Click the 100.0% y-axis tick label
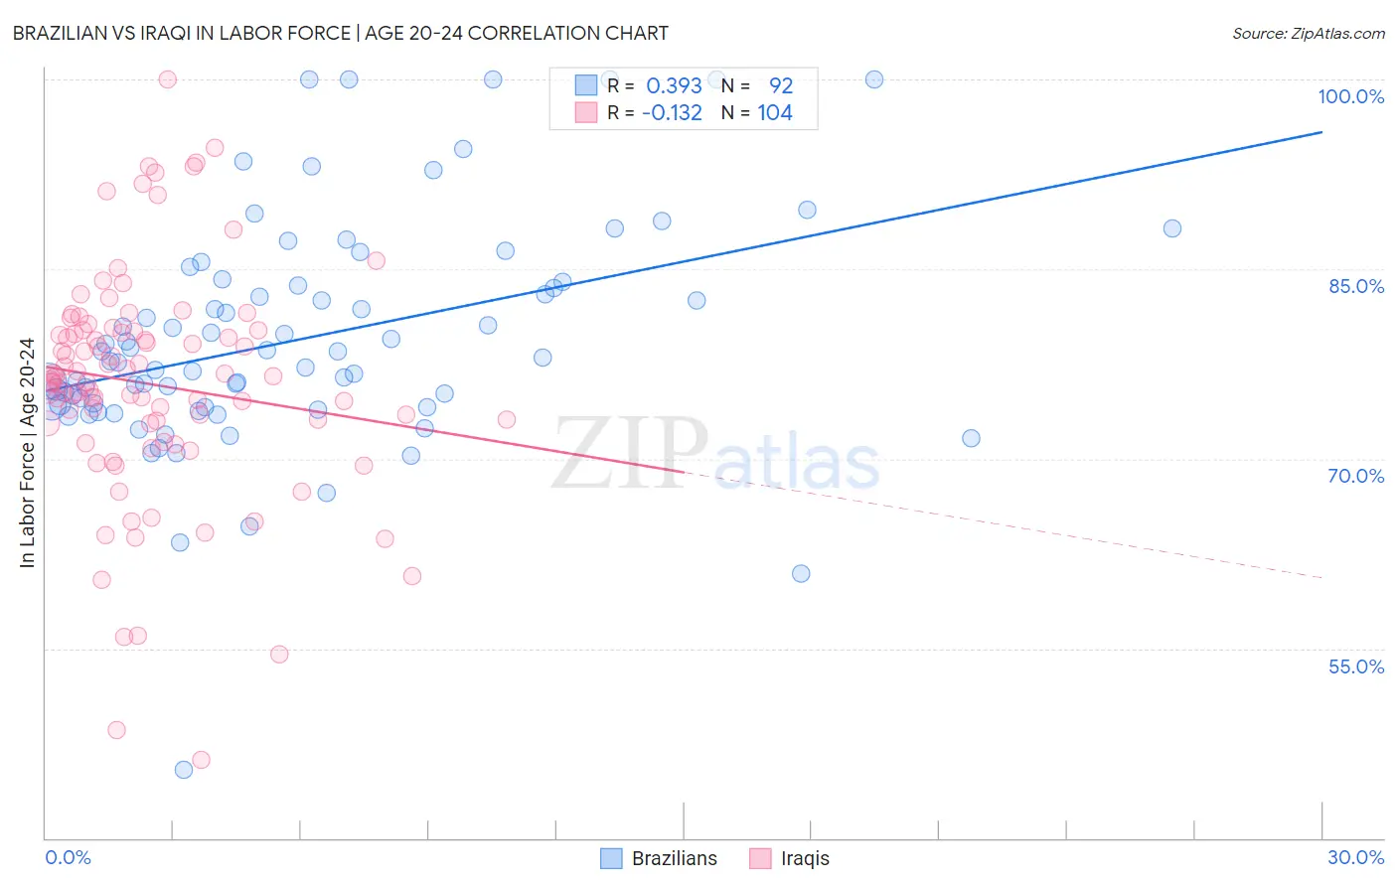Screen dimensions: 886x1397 [x=1350, y=96]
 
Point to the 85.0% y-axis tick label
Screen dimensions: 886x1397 [x=1356, y=286]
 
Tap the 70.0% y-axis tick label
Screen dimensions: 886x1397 [x=1356, y=476]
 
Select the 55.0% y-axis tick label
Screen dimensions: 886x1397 [x=1356, y=666]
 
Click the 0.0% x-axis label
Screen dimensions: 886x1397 [x=68, y=857]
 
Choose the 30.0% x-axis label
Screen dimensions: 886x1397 [x=1355, y=857]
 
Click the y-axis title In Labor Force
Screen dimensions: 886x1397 [x=27, y=453]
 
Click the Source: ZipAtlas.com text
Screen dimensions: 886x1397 [x=1308, y=33]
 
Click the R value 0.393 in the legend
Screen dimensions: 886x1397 [x=674, y=85]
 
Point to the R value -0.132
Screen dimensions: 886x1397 [x=672, y=112]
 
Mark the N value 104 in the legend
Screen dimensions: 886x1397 [x=775, y=112]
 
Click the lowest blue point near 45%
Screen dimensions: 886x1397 [x=184, y=770]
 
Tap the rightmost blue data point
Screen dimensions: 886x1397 [x=1172, y=228]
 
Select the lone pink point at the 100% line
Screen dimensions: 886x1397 [x=168, y=79]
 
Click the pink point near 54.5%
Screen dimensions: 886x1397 [x=279, y=654]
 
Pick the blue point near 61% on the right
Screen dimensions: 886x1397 [x=801, y=573]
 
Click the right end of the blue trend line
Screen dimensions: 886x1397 [x=1321, y=132]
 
